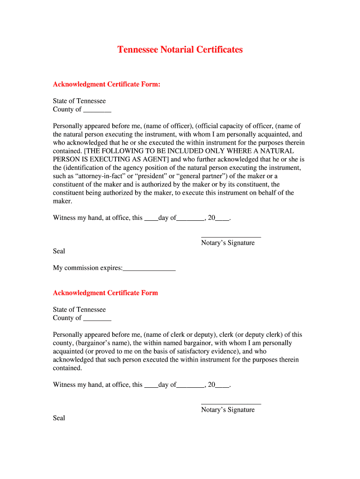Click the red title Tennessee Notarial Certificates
click(x=180, y=50)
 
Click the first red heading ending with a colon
click(x=107, y=84)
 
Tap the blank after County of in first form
click(x=97, y=110)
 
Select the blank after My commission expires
click(x=149, y=269)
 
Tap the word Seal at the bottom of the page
click(x=59, y=418)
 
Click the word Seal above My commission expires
click(x=59, y=251)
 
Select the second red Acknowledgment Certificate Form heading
click(x=105, y=293)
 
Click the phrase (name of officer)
click(x=168, y=126)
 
